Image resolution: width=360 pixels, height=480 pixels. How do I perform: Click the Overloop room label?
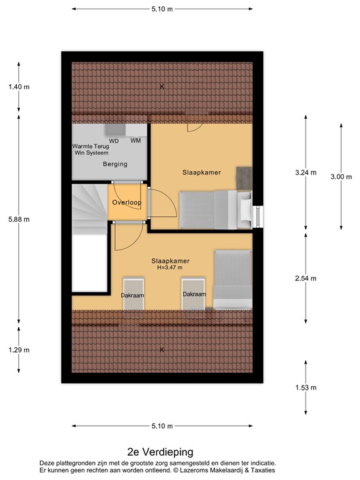coord(127,203)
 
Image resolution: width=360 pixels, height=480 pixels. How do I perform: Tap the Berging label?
coord(115,164)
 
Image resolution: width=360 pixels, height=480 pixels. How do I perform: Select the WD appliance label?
coord(114,141)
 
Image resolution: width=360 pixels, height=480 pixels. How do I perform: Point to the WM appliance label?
coord(136,141)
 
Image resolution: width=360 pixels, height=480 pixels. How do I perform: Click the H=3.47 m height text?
coord(170,267)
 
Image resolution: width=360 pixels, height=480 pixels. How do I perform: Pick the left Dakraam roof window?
coord(132,294)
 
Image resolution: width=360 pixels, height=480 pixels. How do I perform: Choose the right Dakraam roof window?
coord(193,294)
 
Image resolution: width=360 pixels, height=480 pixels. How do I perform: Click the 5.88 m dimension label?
coord(19,219)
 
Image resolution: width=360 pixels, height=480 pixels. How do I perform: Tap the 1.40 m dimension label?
coord(19,87)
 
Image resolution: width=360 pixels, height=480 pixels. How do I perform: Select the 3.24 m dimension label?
coord(306,172)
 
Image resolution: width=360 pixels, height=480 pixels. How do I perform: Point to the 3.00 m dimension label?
coord(341,177)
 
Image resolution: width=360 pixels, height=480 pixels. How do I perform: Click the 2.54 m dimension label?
coord(306,279)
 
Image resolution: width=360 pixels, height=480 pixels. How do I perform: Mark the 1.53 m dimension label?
coord(306,387)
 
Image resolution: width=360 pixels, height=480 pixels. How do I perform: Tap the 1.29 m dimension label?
coord(19,350)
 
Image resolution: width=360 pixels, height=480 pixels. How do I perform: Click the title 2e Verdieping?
coord(160,451)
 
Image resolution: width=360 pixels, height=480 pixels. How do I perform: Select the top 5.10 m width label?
coord(162,9)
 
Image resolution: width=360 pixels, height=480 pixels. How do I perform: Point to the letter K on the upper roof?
coord(162,86)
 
